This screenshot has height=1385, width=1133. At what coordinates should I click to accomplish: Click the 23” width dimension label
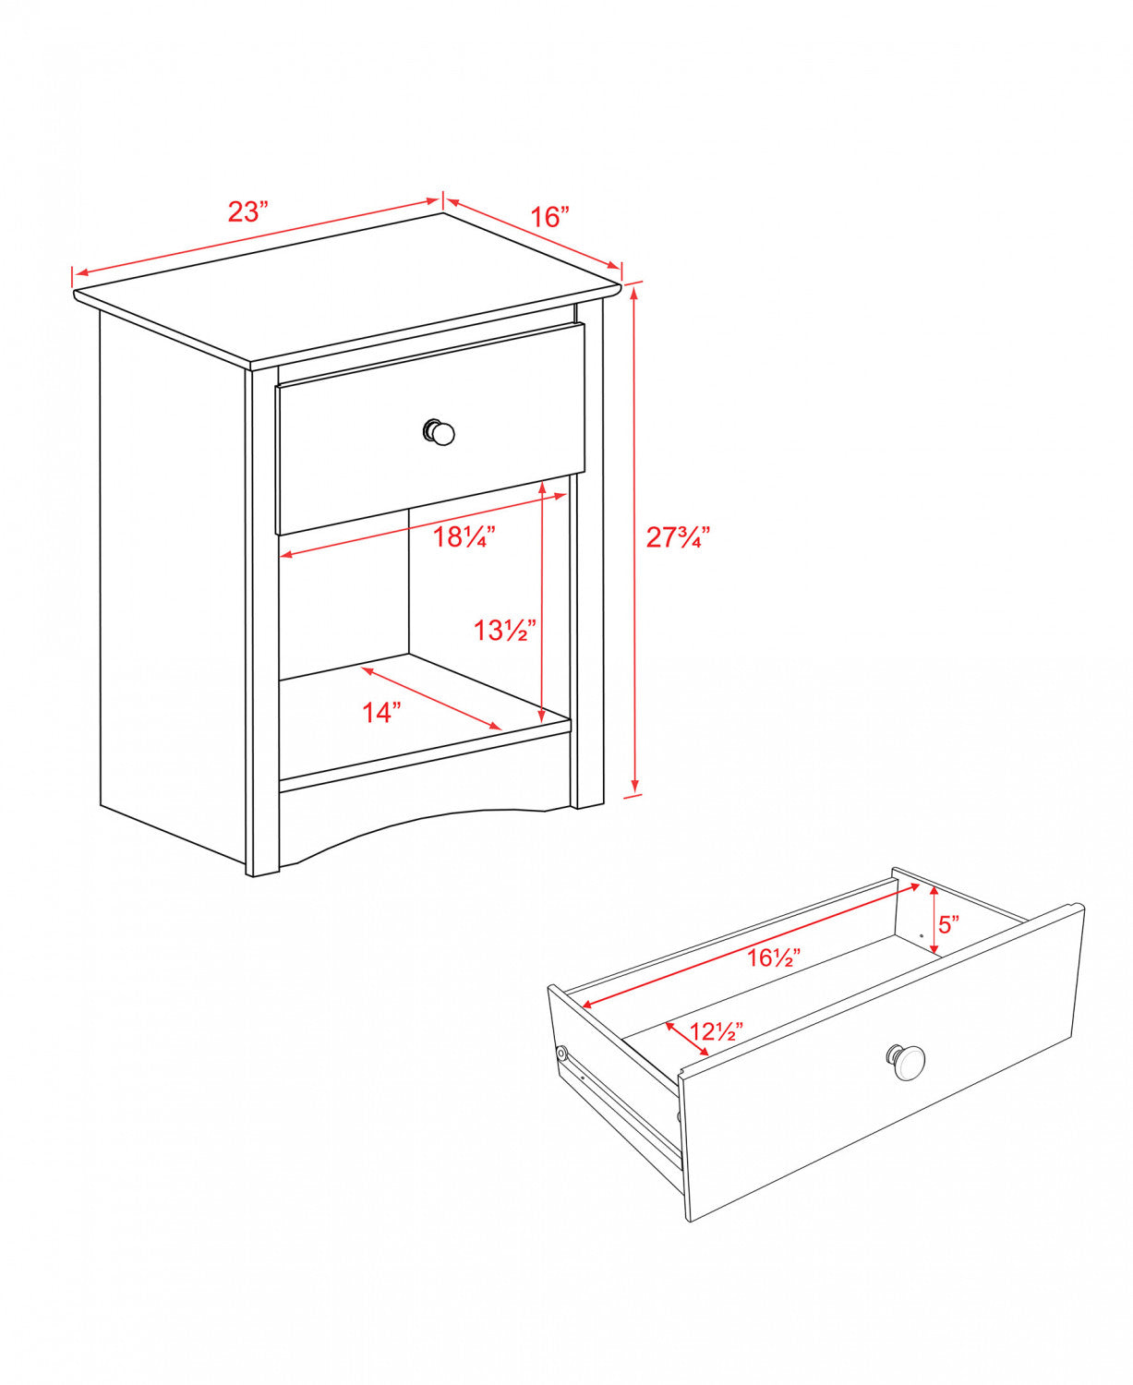click(x=248, y=211)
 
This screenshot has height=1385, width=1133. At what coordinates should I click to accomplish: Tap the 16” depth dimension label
click(x=549, y=216)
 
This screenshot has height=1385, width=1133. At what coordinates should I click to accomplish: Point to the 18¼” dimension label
click(x=464, y=537)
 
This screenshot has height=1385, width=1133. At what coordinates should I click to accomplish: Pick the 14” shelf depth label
click(x=381, y=712)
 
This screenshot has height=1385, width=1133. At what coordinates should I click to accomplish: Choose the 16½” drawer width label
click(x=773, y=958)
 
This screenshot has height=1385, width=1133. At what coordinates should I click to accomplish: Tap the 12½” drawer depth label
click(x=717, y=1031)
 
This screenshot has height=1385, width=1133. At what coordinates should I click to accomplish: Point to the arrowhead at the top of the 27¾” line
click(x=633, y=294)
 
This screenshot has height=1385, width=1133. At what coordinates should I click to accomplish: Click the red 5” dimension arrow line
click(x=934, y=921)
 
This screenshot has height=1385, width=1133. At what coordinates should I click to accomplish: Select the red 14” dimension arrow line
click(x=431, y=698)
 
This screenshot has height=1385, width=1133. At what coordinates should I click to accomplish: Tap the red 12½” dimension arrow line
click(x=687, y=1039)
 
